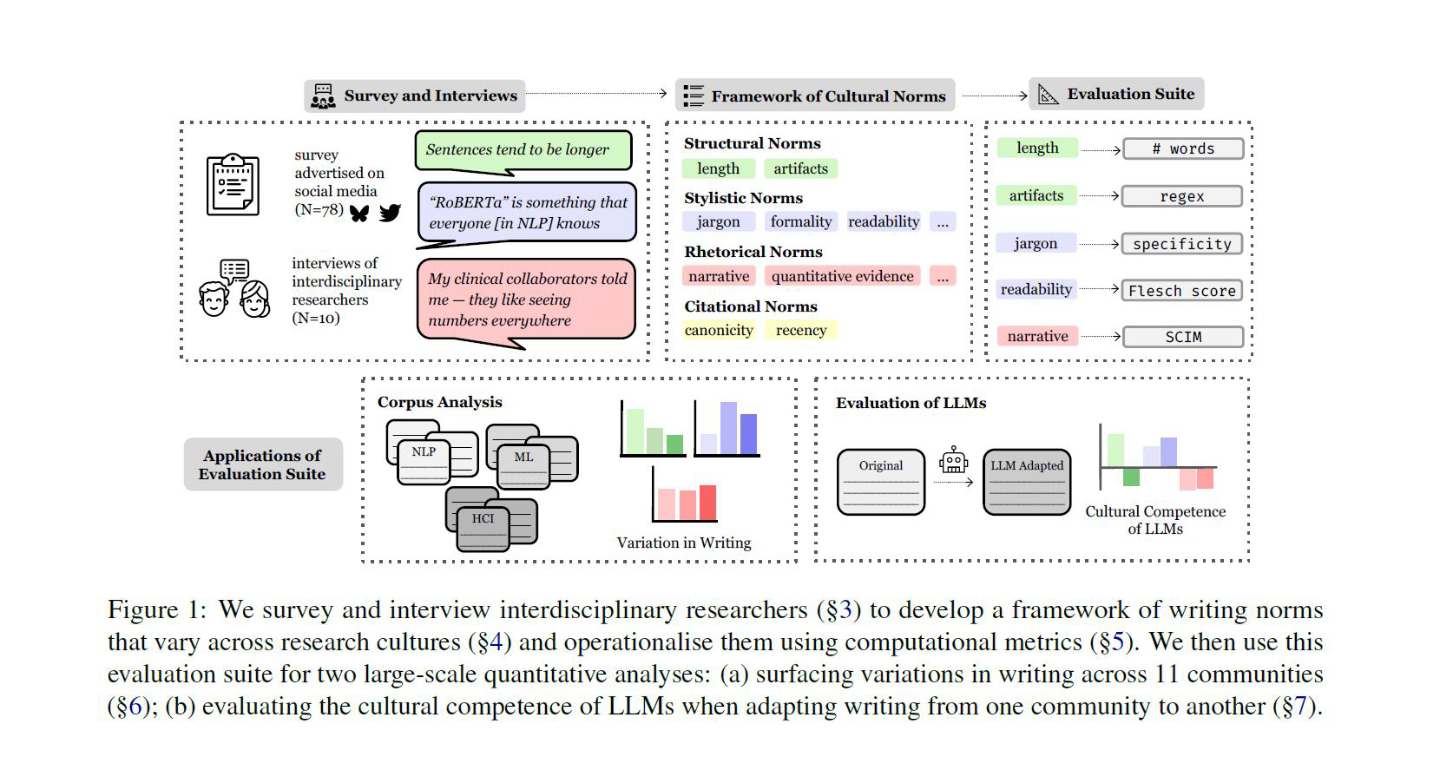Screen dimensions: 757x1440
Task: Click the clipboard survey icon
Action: tap(233, 184)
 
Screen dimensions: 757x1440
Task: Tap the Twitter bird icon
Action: tap(390, 212)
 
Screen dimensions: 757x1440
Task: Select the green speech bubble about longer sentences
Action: tap(523, 150)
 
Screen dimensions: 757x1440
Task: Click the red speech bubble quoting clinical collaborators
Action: tap(526, 300)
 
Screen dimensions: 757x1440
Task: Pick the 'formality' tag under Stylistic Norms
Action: tap(800, 221)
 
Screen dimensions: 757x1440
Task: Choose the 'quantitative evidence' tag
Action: tap(842, 276)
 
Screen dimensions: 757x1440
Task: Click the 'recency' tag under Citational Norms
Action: tap(800, 330)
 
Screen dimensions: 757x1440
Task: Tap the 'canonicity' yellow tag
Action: tap(719, 330)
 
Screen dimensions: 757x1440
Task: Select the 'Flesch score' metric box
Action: tap(1181, 291)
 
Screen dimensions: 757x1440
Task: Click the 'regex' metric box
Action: tap(1181, 196)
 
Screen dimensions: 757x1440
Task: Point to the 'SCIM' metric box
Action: tap(1182, 337)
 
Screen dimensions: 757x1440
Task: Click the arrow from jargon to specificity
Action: tap(1099, 244)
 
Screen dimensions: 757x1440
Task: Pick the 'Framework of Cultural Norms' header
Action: tap(815, 95)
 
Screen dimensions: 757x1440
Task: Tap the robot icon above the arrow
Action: tap(953, 459)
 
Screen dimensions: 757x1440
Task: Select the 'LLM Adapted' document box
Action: tap(1027, 482)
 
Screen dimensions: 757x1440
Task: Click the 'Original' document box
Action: tap(881, 482)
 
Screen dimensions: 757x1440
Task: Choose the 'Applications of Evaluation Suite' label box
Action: tap(263, 464)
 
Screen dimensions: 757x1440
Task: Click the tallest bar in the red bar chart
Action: tap(707, 503)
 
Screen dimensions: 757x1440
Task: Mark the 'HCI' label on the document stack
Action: tap(483, 518)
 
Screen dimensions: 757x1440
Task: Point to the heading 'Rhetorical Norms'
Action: tap(753, 252)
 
